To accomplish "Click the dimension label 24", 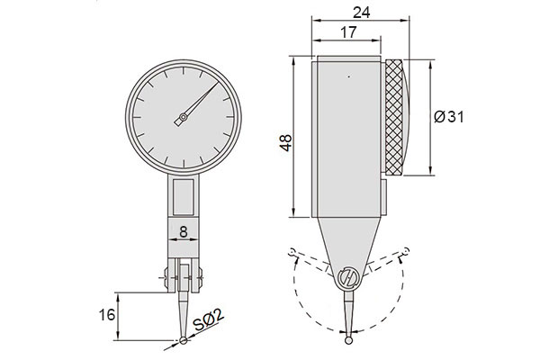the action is pyautogui.click(x=361, y=13).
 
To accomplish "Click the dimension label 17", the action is pyautogui.click(x=348, y=32).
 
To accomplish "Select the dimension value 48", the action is pyautogui.click(x=286, y=143).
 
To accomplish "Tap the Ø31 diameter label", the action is pyautogui.click(x=449, y=117).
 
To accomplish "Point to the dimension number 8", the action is pyautogui.click(x=184, y=232).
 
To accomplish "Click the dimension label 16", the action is pyautogui.click(x=107, y=314).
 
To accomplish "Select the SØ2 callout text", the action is pyautogui.click(x=209, y=320).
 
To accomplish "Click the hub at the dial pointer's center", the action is pyautogui.click(x=184, y=118).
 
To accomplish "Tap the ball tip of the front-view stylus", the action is pyautogui.click(x=184, y=340).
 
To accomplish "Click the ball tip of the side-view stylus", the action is pyautogui.click(x=349, y=340).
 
